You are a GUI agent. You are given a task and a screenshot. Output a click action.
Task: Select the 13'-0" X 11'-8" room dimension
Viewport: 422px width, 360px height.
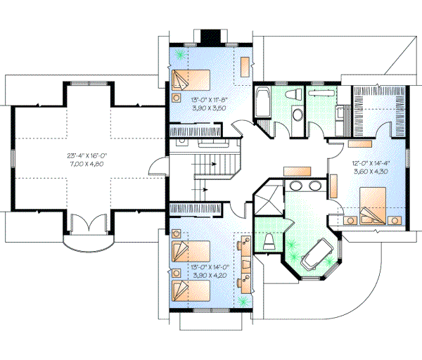click(x=209, y=99)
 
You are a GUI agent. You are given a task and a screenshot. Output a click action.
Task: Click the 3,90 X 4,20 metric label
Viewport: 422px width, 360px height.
click(x=209, y=276)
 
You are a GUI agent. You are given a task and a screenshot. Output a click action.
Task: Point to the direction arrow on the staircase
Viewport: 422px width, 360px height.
click(x=204, y=188)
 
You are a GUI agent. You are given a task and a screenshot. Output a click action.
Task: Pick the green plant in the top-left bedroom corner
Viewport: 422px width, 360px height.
click(x=180, y=53)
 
